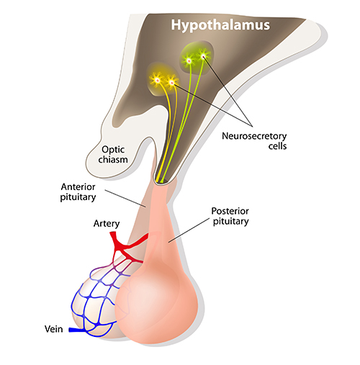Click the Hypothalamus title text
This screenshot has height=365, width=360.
[x=220, y=25]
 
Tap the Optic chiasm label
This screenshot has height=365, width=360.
[x=113, y=155]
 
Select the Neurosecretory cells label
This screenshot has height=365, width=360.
[x=254, y=141]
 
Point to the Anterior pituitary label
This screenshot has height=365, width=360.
[x=78, y=192]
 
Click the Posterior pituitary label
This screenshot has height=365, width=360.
[x=230, y=216]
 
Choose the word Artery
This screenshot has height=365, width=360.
[x=107, y=223]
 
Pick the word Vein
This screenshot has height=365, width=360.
[x=54, y=329]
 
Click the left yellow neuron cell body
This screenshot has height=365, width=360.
[x=157, y=81]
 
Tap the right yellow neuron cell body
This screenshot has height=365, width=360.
[x=172, y=83]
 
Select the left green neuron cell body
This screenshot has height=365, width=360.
[x=189, y=60]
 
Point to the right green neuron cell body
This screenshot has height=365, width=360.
[x=204, y=57]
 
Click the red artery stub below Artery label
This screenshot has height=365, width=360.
[x=113, y=236]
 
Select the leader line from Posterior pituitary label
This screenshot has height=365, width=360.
[x=189, y=230]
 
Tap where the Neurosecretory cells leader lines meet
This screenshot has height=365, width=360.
[x=252, y=126]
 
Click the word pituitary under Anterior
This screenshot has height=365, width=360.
[x=78, y=197]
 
